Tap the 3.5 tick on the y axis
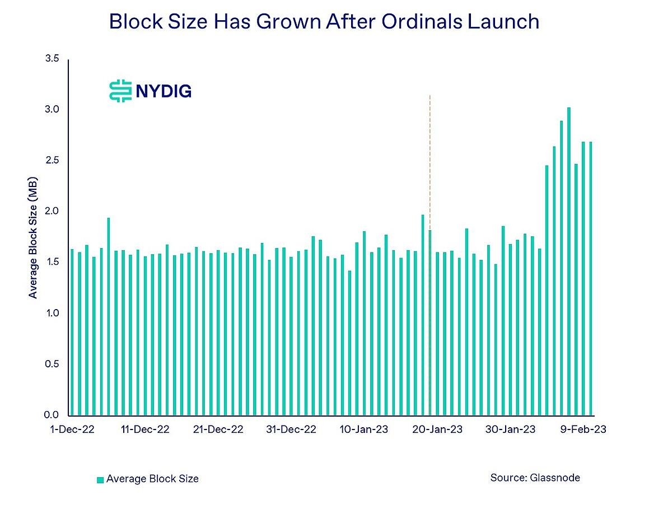(x=52, y=59)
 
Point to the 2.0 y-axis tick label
(x=52, y=211)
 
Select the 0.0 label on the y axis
(x=52, y=415)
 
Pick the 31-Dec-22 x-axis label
(x=291, y=429)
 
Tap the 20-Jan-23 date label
(x=437, y=429)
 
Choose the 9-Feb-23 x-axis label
(x=583, y=429)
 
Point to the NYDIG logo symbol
(x=120, y=91)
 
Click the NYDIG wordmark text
(x=164, y=91)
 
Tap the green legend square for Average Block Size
(x=100, y=479)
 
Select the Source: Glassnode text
(x=535, y=478)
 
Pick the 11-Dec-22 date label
(x=145, y=429)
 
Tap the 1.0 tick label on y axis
(x=52, y=313)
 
